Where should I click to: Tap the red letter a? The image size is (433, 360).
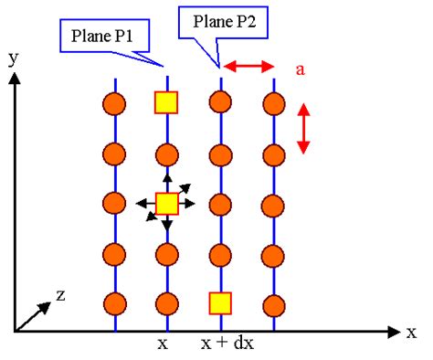click(300, 68)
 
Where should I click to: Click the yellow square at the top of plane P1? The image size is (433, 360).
click(166, 102)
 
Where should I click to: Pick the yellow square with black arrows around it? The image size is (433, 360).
click(166, 203)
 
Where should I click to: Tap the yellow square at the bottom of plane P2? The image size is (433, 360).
click(219, 302)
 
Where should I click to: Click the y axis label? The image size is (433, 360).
click(13, 58)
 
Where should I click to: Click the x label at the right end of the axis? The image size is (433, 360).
click(411, 332)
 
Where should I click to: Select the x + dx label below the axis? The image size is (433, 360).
click(220, 345)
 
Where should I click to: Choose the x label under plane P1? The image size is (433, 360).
click(163, 345)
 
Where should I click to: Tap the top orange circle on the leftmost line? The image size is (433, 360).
click(114, 102)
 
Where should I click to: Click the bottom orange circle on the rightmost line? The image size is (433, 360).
click(271, 302)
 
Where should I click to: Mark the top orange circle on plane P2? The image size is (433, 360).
click(219, 102)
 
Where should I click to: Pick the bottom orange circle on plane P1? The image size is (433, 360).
click(166, 302)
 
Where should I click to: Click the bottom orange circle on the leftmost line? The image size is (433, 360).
click(114, 302)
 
